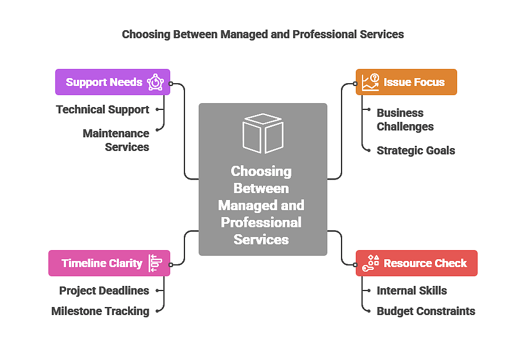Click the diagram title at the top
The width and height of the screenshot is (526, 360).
263,34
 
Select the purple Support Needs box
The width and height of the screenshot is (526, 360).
112,82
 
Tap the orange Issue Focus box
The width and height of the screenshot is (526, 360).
406,82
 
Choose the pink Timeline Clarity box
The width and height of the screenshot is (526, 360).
109,263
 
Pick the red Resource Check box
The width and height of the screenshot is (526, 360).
416,263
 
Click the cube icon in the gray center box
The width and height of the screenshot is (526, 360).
262,133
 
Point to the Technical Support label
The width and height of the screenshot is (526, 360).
102,109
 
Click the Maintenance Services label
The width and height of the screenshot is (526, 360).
116,140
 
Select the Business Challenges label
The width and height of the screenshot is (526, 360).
405,120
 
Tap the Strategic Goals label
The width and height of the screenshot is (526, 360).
416,150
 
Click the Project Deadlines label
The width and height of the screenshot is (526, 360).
104,291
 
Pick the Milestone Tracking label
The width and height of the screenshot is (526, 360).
100,311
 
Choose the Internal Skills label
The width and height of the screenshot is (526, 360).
412,291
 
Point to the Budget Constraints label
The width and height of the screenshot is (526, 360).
426,311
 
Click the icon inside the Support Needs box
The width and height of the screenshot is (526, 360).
155,83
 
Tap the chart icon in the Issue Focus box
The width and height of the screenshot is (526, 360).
371,82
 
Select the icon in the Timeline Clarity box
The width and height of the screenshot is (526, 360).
155,263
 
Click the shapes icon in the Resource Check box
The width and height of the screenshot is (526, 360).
371,263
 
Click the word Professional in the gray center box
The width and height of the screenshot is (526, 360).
261,222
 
